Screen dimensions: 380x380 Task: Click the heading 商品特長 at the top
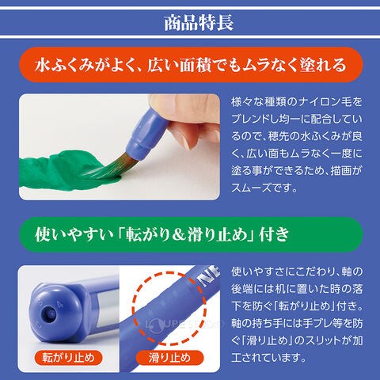[199, 23]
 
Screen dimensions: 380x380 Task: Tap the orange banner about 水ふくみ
[191, 65]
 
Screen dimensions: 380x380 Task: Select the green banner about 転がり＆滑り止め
[191, 234]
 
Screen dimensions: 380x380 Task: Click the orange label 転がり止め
[68, 358]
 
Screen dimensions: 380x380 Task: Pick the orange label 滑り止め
[169, 358]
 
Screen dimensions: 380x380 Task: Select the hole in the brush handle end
[50, 313]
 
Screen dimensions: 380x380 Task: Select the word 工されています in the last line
[268, 358]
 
